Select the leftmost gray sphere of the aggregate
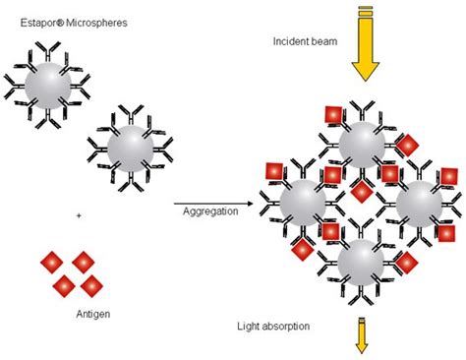pyautogui.click(x=303, y=203)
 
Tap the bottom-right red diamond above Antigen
pyautogui.click(x=91, y=286)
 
